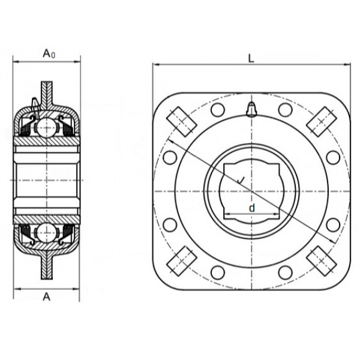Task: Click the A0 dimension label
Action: click(x=49, y=53)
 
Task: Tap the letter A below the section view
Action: click(x=47, y=296)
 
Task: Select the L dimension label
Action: click(x=251, y=58)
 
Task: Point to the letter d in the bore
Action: click(x=252, y=207)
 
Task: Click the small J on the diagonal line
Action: click(x=241, y=180)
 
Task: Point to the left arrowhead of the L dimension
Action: click(x=155, y=64)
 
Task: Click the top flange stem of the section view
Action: click(x=47, y=90)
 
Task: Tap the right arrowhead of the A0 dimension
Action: click(x=78, y=61)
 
